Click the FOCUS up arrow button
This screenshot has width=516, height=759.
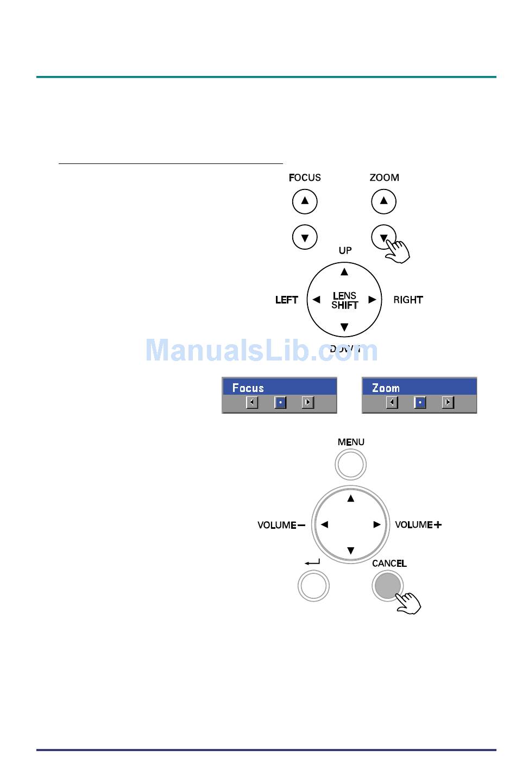pyautogui.click(x=305, y=201)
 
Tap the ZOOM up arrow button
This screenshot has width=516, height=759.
pyautogui.click(x=384, y=201)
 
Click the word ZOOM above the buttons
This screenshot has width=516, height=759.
pyautogui.click(x=384, y=178)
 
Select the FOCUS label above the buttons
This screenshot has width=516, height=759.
pyautogui.click(x=305, y=178)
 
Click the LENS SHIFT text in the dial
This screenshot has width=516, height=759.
pyautogui.click(x=344, y=300)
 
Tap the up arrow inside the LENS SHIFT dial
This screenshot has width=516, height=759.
pyautogui.click(x=344, y=271)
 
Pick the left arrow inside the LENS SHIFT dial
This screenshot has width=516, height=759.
pyautogui.click(x=316, y=299)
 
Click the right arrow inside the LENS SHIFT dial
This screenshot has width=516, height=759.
pyautogui.click(x=372, y=299)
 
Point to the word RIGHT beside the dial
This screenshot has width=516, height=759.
pyautogui.click(x=408, y=300)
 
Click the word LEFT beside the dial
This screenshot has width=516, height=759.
pyautogui.click(x=286, y=300)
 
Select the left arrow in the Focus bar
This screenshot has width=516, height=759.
pyautogui.click(x=252, y=402)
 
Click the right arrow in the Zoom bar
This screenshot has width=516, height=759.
pyautogui.click(x=448, y=402)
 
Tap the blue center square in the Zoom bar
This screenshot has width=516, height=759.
pyautogui.click(x=420, y=402)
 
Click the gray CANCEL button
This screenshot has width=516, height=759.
pyautogui.click(x=388, y=586)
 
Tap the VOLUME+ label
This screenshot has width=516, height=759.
pyautogui.click(x=418, y=524)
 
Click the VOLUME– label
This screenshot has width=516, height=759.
pyautogui.click(x=281, y=525)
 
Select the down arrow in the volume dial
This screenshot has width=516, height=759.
pyautogui.click(x=350, y=551)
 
